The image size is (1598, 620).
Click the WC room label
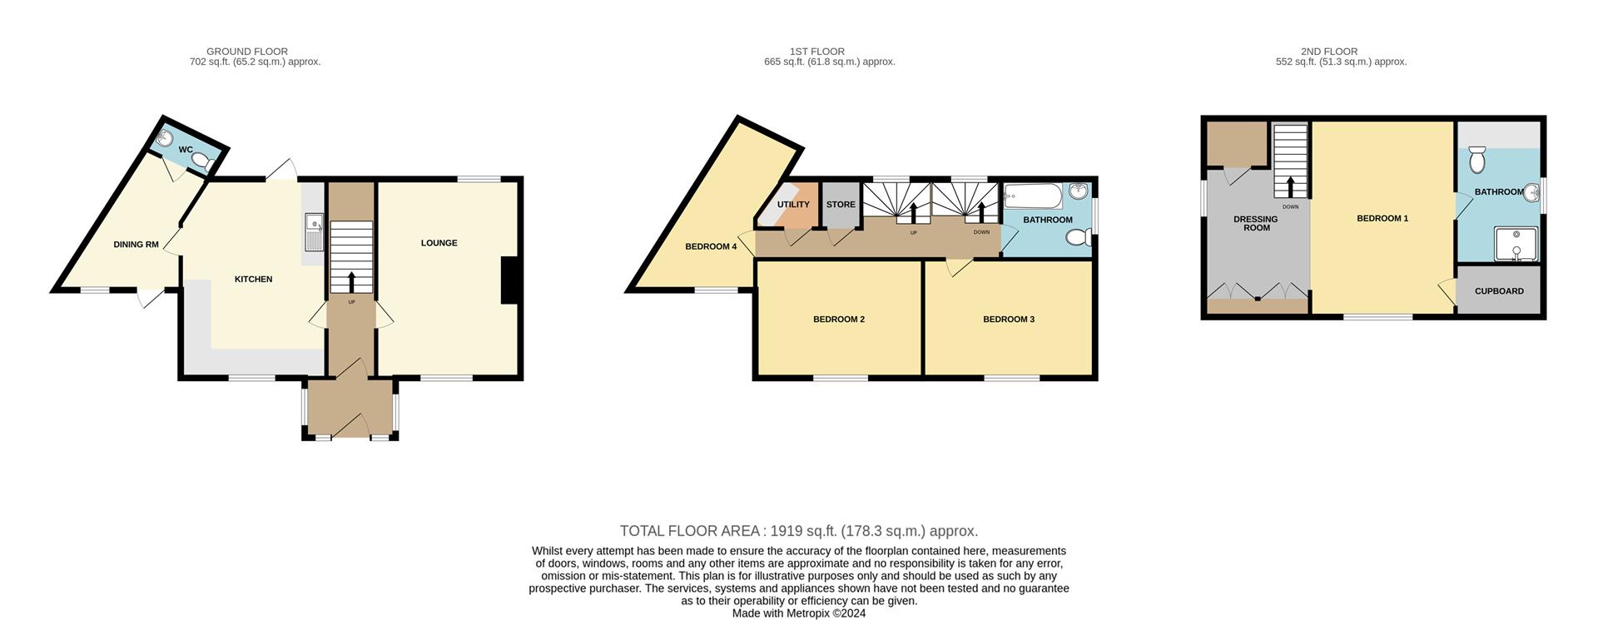186,150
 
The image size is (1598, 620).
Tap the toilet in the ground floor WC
208,163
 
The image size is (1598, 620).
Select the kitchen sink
314,231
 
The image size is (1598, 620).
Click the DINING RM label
136,245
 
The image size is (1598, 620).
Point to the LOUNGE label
439,243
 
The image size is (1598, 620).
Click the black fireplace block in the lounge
509,281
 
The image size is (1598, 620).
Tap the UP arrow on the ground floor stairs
351,281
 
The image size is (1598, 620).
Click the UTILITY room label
792,205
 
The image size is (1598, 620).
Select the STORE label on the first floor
841,205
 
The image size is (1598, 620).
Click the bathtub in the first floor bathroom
1033,197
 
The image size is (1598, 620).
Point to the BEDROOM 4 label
711,246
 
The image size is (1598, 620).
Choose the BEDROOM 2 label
838,320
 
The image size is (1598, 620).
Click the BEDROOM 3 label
1008,320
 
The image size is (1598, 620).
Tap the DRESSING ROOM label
1256,223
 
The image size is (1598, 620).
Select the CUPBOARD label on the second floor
1499,291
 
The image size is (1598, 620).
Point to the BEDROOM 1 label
1382,219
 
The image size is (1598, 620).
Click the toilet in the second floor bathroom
1477,160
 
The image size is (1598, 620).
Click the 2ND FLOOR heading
1328,52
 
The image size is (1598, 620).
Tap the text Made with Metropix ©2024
798,613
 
